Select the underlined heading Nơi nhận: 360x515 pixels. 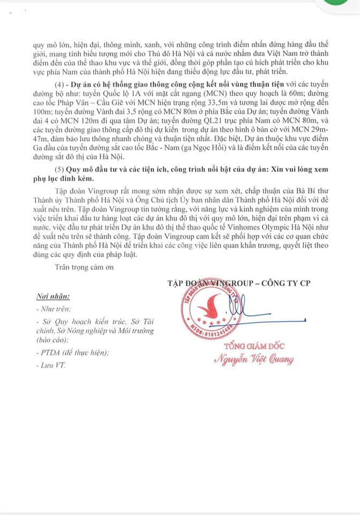(x=53, y=296)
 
